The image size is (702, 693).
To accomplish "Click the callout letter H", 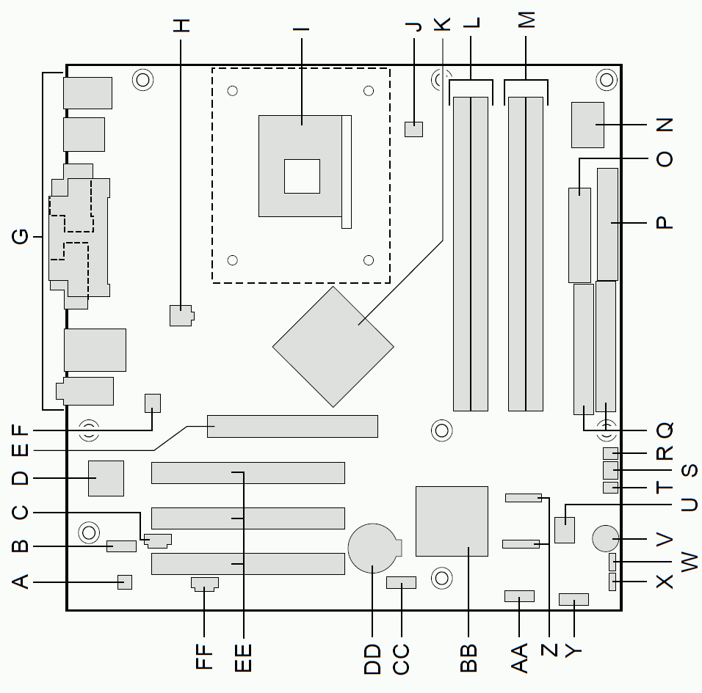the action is [181, 26].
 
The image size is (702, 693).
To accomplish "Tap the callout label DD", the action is [372, 659].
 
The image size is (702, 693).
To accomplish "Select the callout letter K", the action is [442, 24].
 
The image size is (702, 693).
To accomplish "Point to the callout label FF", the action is [204, 656].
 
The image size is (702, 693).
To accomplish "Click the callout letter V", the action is [665, 539].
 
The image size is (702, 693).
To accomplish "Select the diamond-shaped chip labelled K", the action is [333, 347].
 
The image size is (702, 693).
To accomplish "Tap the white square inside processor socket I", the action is [303, 176].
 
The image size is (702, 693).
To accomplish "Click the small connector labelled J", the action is [413, 129].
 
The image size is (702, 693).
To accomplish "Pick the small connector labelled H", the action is [182, 315].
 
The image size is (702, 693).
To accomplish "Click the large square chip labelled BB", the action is [452, 521].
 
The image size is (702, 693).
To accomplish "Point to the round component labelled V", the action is [605, 538].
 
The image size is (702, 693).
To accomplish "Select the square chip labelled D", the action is [106, 478].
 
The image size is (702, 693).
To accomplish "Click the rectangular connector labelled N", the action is [588, 125].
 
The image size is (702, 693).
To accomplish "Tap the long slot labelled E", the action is [292, 426].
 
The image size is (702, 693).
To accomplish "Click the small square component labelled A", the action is [125, 582].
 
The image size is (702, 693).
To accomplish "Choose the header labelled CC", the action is [401, 582].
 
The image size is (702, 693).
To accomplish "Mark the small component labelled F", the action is [153, 403].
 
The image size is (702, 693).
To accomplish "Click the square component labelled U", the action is [565, 529].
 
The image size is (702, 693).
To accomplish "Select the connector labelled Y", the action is [574, 600].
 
